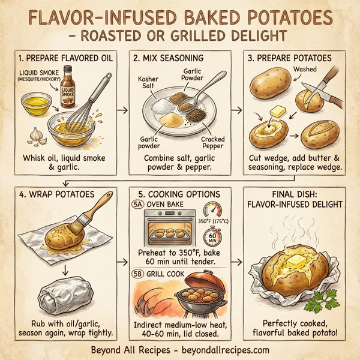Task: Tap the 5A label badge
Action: [137, 203]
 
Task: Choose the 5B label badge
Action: [137, 274]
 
